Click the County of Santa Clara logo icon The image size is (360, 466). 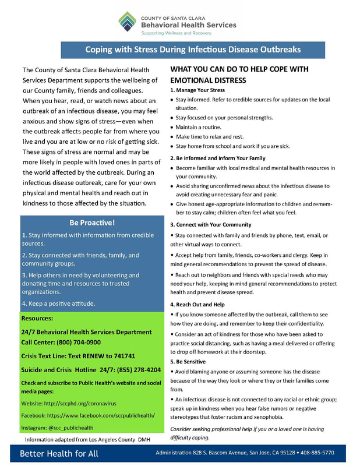[128, 22]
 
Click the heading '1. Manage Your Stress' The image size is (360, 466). [197, 91]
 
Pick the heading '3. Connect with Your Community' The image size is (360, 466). [210, 225]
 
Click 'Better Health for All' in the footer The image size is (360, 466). [59, 453]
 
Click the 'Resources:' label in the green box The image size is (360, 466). [37, 319]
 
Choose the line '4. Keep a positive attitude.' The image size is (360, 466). [58, 303]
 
